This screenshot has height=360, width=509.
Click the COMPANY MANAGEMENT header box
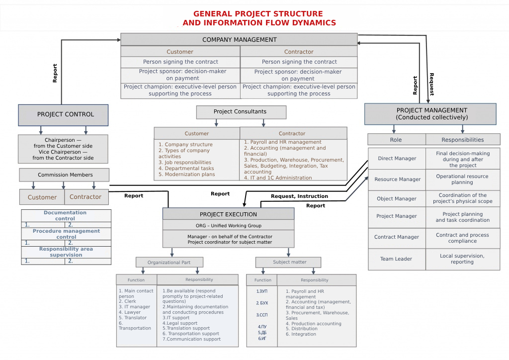pyautogui.click(x=239, y=40)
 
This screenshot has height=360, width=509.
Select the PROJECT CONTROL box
pyautogui.click(x=63, y=115)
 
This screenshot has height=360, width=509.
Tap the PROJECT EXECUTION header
pyautogui.click(x=228, y=214)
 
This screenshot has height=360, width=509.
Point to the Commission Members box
pyautogui.click(x=64, y=175)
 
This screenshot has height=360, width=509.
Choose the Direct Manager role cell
pyautogui.click(x=397, y=159)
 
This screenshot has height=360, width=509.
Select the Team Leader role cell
pyautogui.click(x=397, y=259)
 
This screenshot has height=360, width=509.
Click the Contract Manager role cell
pyautogui.click(x=397, y=238)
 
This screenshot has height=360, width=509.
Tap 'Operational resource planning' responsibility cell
pyautogui.click(x=462, y=180)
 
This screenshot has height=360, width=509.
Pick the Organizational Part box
pyautogui.click(x=170, y=263)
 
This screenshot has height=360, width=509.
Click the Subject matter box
pyautogui.click(x=288, y=262)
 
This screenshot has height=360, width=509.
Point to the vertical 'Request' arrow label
pyautogui.click(x=431, y=84)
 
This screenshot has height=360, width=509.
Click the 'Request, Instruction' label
pyautogui.click(x=299, y=196)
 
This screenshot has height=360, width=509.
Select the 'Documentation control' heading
pyautogui.click(x=65, y=216)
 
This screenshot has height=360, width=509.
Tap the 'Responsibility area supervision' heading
pyautogui.click(x=66, y=252)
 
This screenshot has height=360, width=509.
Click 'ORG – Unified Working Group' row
pyautogui.click(x=228, y=225)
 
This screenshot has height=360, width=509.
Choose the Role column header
pyautogui.click(x=396, y=140)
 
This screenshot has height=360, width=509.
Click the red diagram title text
pyautogui.click(x=258, y=18)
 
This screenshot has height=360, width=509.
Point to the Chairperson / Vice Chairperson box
pyautogui.click(x=63, y=149)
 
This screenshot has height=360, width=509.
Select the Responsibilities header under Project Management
pyautogui.click(x=462, y=140)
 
